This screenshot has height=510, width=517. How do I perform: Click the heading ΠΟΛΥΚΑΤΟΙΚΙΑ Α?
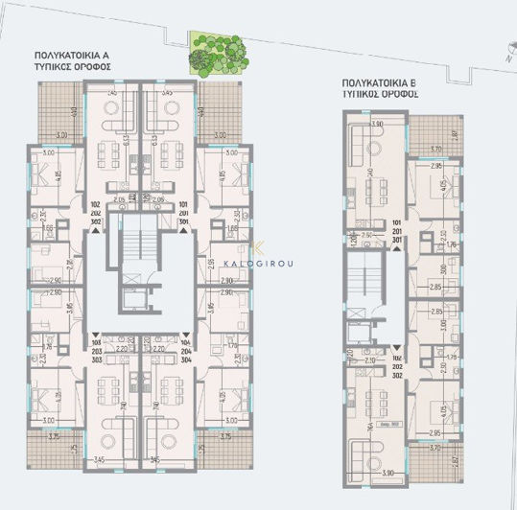tap(73, 57)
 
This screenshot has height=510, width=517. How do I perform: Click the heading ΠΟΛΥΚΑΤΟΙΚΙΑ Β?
tap(381, 83)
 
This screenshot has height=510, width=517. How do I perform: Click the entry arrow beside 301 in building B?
tap(394, 248)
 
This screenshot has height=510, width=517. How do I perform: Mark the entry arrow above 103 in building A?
tap(95, 331)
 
